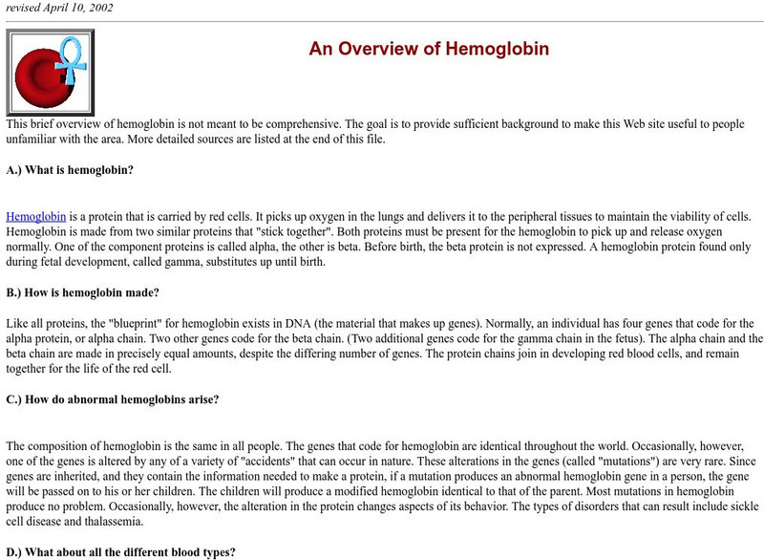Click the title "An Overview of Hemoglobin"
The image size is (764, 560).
click(x=429, y=49)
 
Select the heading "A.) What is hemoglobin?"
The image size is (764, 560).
click(x=70, y=170)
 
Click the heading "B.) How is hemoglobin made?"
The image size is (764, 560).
click(x=82, y=292)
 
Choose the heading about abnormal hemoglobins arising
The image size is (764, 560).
click(x=113, y=399)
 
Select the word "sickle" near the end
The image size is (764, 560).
click(x=735, y=506)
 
